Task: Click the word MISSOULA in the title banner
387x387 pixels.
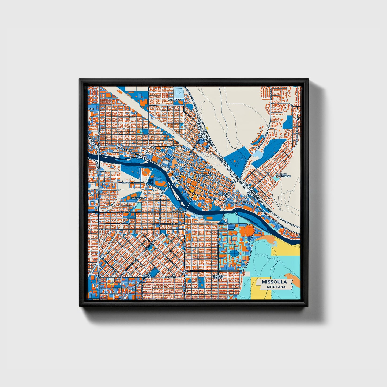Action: tap(274, 282)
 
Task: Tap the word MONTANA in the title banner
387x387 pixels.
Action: tap(276, 287)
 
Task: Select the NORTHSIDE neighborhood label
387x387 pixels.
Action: tap(174, 100)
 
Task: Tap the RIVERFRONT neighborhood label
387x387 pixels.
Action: tap(138, 198)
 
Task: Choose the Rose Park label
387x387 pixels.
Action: tap(148, 276)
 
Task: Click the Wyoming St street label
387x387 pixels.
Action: tap(128, 182)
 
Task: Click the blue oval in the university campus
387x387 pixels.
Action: tap(233, 253)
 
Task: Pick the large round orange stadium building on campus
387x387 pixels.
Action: tap(249, 230)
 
